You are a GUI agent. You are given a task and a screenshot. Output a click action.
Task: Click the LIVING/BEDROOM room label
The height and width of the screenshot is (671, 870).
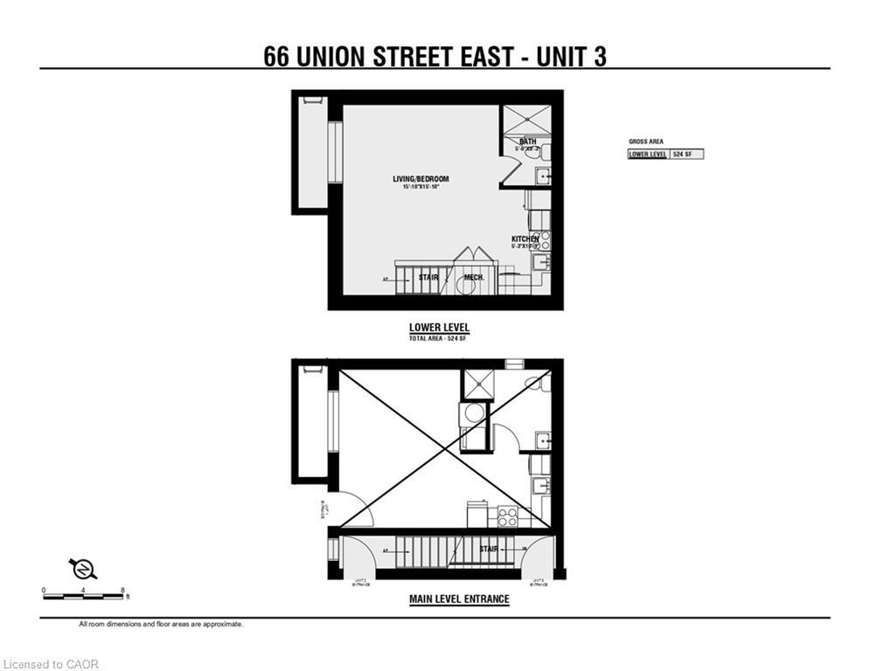point(420,179)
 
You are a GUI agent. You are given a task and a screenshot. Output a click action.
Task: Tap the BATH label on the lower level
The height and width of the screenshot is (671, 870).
point(527,142)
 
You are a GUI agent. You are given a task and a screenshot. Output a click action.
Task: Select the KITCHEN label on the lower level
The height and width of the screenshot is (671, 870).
point(525,239)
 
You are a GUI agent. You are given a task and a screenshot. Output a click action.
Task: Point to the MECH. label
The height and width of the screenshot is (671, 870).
point(474,278)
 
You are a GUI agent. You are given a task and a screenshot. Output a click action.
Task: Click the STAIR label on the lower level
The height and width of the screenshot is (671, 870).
point(428,278)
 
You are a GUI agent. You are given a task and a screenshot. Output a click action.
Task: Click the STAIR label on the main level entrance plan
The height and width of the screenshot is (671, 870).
point(489,549)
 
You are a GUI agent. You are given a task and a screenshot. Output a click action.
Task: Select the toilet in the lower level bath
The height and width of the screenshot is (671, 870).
point(546,150)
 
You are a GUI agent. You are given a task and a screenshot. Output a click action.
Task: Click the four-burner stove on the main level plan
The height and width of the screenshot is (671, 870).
point(507,515)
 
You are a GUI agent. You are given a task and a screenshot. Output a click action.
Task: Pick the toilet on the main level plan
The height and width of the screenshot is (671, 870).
point(533,382)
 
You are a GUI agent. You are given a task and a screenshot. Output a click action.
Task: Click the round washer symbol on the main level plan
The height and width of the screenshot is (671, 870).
point(473,413)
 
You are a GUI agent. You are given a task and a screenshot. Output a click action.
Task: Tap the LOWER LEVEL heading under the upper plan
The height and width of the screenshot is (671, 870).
point(439,328)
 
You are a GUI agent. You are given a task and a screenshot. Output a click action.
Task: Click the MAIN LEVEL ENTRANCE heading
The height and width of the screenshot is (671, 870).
point(459,599)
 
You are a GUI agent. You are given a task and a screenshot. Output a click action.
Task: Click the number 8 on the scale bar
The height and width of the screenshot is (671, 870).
point(123,590)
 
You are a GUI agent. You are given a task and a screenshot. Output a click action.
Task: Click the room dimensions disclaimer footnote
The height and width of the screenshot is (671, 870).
point(161,625)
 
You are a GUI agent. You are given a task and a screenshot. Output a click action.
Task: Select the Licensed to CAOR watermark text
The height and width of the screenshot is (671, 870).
point(52,664)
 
